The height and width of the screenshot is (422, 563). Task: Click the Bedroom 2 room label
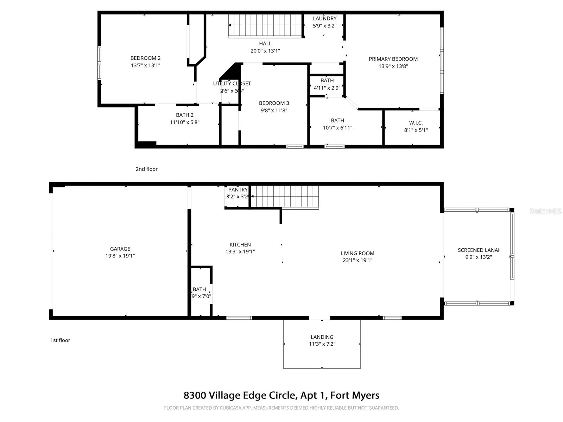pyautogui.click(x=145, y=58)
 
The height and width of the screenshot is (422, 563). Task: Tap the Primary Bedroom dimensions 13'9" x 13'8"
pyautogui.click(x=393, y=66)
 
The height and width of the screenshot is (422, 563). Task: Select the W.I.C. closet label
pyautogui.click(x=416, y=123)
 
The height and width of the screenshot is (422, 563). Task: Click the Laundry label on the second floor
pyautogui.click(x=324, y=19)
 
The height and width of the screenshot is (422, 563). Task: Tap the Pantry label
pyautogui.click(x=238, y=190)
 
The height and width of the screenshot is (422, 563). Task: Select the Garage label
pyautogui.click(x=120, y=249)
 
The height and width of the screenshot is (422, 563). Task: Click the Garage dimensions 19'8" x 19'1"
pyautogui.click(x=120, y=256)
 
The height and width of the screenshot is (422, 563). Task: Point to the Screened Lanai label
pyautogui.click(x=478, y=250)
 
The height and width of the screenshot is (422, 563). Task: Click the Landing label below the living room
pyautogui.click(x=322, y=337)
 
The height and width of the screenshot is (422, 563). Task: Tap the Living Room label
pyautogui.click(x=357, y=253)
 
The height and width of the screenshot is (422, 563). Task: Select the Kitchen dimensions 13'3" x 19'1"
pyautogui.click(x=240, y=252)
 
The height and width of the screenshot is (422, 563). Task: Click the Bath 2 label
pyautogui.click(x=185, y=115)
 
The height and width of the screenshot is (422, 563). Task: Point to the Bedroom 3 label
pyautogui.click(x=274, y=103)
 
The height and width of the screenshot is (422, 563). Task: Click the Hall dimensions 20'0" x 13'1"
pyautogui.click(x=265, y=51)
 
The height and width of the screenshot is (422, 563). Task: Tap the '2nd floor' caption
pyautogui.click(x=146, y=169)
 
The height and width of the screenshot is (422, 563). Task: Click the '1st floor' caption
pyautogui.click(x=60, y=340)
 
